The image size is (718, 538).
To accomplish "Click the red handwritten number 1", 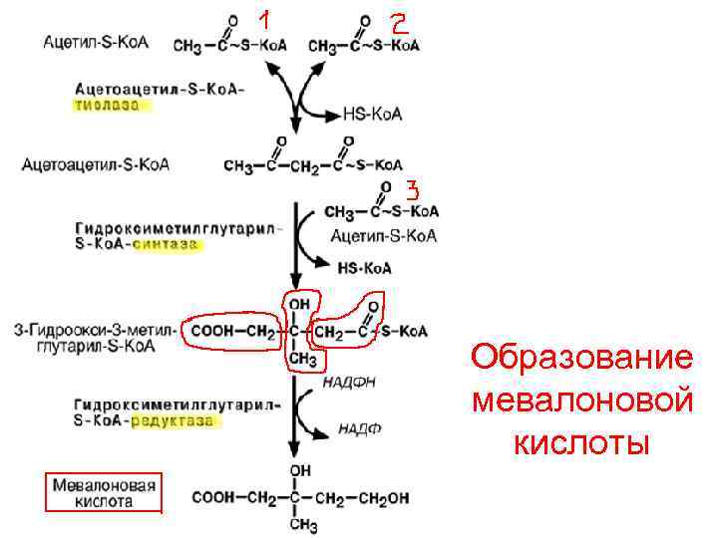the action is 264,20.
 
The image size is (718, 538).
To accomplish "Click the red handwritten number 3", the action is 411,188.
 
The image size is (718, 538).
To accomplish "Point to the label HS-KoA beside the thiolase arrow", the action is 372,114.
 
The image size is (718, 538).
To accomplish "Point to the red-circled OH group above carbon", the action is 298,302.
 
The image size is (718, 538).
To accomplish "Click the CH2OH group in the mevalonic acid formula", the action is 383,495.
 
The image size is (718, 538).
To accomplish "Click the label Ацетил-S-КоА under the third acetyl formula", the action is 383,236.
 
